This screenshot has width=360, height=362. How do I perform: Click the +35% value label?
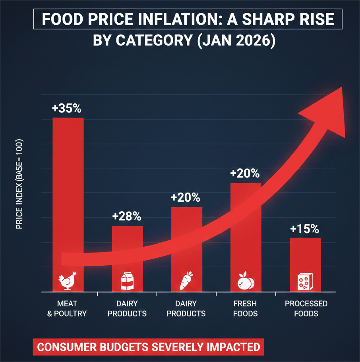tap(67, 108)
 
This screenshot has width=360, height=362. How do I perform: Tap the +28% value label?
tap(127, 216)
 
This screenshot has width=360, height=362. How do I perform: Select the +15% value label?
tap(304, 229)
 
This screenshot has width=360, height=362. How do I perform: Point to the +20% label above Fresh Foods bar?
tap(245, 173)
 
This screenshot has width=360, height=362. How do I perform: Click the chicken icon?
tap(67, 281)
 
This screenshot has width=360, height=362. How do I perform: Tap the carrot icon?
tap(186, 281)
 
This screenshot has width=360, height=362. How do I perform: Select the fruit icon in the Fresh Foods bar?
tap(245, 281)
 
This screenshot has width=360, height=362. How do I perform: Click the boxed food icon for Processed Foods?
tap(305, 282)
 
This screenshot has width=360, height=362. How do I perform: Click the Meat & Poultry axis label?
tap(67, 309)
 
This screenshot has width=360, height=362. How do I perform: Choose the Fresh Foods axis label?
tap(245, 309)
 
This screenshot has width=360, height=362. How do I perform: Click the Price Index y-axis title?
tap(19, 184)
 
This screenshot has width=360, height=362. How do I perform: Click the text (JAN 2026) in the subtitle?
tap(235, 41)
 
